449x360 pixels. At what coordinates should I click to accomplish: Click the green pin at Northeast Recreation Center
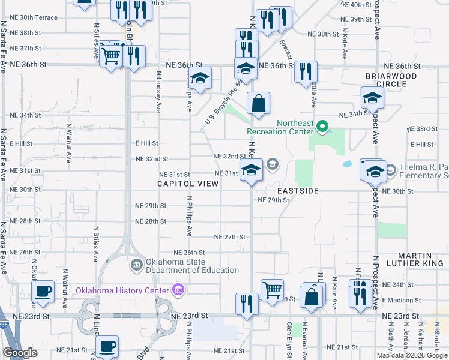pos(322,126)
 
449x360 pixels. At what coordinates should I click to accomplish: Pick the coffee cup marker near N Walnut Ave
pos(43,292)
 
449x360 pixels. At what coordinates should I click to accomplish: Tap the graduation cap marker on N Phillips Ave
pos(200,78)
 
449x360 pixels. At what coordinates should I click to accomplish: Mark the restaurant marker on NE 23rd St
pos(247,304)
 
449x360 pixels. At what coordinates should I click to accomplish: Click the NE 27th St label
pos(231,237)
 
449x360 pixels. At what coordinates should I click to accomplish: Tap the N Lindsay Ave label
pos(158,92)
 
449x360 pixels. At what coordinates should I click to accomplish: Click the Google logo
pos(20,353)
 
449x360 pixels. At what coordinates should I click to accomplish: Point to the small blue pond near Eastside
pos(348,163)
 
